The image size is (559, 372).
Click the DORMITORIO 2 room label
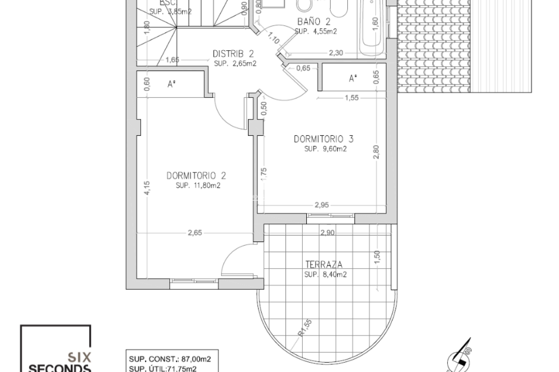(x=196, y=176)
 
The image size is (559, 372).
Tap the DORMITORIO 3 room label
(x=323, y=139)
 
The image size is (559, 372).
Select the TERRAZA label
(x=324, y=264)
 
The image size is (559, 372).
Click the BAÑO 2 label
(x=314, y=22)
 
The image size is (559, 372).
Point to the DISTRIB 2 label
(x=233, y=54)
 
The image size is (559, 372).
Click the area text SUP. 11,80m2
(x=198, y=185)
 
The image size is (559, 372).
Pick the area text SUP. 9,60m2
(x=326, y=149)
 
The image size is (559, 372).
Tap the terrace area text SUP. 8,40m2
(x=326, y=274)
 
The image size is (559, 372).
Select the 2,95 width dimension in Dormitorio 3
(x=321, y=205)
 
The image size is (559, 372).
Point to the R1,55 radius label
(x=305, y=328)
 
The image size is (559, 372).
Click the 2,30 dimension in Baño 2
(x=336, y=53)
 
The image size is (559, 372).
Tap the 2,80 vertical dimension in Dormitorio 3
(x=376, y=152)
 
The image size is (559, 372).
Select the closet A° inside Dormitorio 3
(x=353, y=78)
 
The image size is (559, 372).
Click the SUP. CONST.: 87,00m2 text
(x=170, y=359)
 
